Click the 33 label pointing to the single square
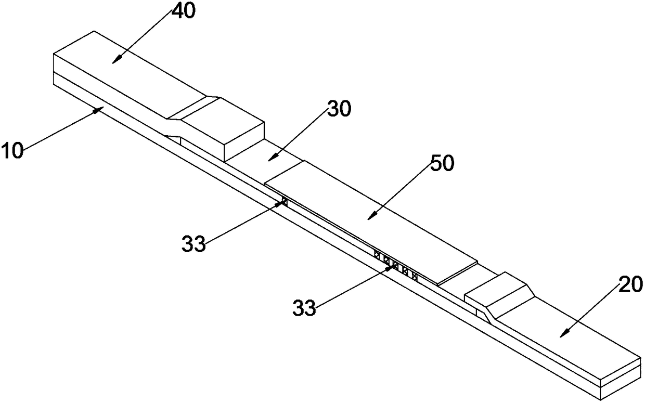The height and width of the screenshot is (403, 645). (193, 243)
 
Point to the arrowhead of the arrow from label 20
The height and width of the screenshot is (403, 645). (562, 336)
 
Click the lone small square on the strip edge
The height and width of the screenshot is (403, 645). (284, 202)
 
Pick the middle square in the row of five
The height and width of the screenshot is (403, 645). (395, 266)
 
